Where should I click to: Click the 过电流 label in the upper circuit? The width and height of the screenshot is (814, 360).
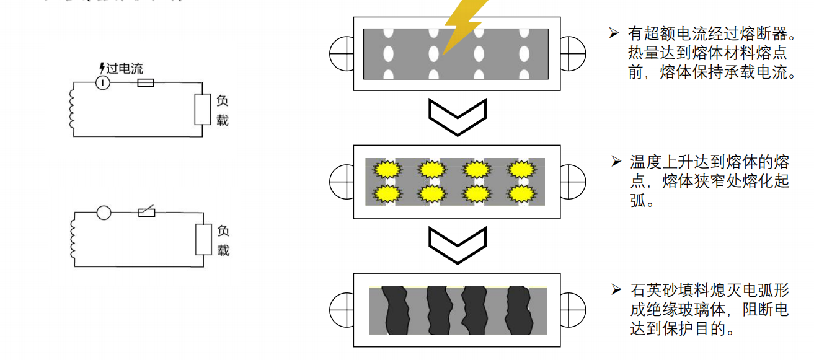(124, 68)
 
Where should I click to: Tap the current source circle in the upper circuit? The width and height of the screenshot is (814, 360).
(103, 82)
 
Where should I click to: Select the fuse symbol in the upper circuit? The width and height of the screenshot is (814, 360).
(145, 82)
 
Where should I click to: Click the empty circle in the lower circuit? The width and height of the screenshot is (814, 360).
(104, 213)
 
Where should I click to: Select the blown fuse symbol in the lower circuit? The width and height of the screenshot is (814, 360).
(146, 213)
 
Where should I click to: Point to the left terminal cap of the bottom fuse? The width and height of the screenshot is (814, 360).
(342, 308)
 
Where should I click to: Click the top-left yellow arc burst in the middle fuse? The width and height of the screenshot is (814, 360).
(387, 169)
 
